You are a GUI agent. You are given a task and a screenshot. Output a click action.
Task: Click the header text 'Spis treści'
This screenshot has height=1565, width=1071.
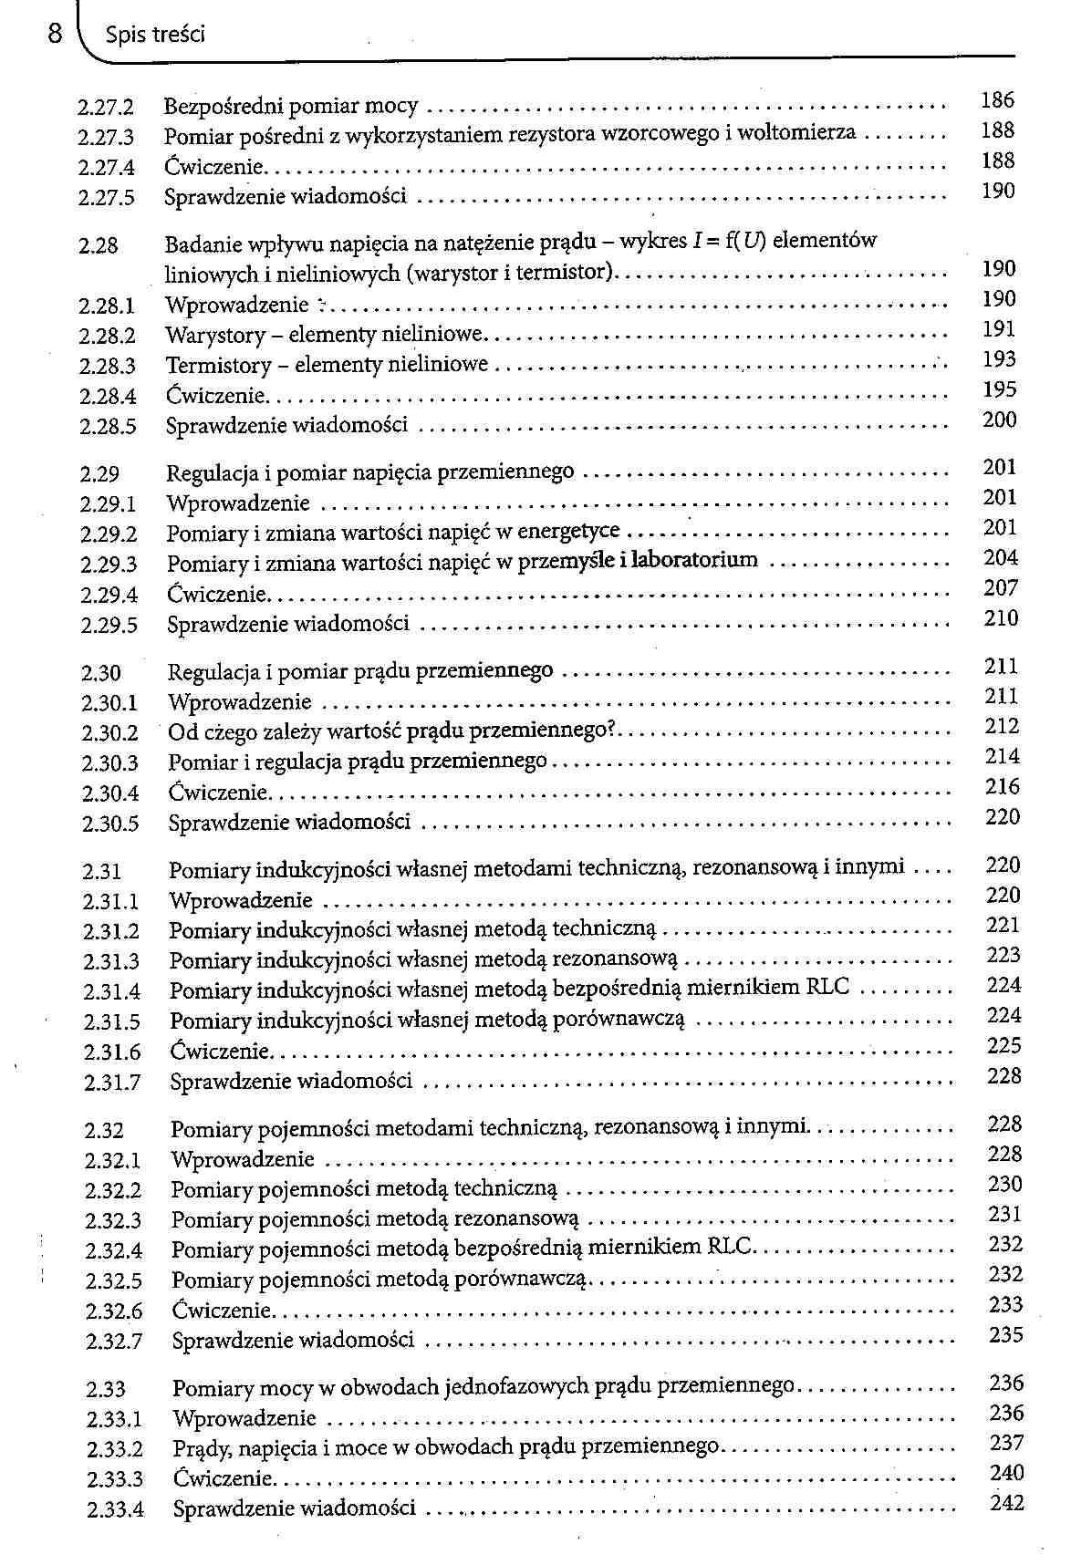click(x=155, y=35)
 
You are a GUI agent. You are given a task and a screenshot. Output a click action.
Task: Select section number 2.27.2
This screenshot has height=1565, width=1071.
click(x=106, y=108)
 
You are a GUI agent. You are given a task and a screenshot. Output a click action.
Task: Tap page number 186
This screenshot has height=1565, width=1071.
click(x=997, y=100)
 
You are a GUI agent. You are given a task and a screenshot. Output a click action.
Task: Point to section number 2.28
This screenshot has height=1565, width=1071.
click(x=99, y=245)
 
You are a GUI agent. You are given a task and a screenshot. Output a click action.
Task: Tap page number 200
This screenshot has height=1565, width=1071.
click(x=1000, y=420)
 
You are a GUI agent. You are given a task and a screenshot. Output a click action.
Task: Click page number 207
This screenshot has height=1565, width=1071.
click(x=1001, y=588)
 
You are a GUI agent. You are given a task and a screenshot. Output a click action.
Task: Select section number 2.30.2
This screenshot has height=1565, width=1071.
click(x=109, y=733)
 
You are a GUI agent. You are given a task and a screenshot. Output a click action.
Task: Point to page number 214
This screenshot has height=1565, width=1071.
click(x=1003, y=756)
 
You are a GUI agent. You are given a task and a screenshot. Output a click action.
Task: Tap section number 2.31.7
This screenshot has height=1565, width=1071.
click(x=112, y=1083)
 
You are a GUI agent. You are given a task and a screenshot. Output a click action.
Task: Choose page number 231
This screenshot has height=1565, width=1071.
click(x=1005, y=1215)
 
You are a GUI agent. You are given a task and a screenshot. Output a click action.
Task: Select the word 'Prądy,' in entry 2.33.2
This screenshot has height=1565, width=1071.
click(x=200, y=1448)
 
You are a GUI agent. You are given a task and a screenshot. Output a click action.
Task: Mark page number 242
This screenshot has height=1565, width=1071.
click(x=1007, y=1502)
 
